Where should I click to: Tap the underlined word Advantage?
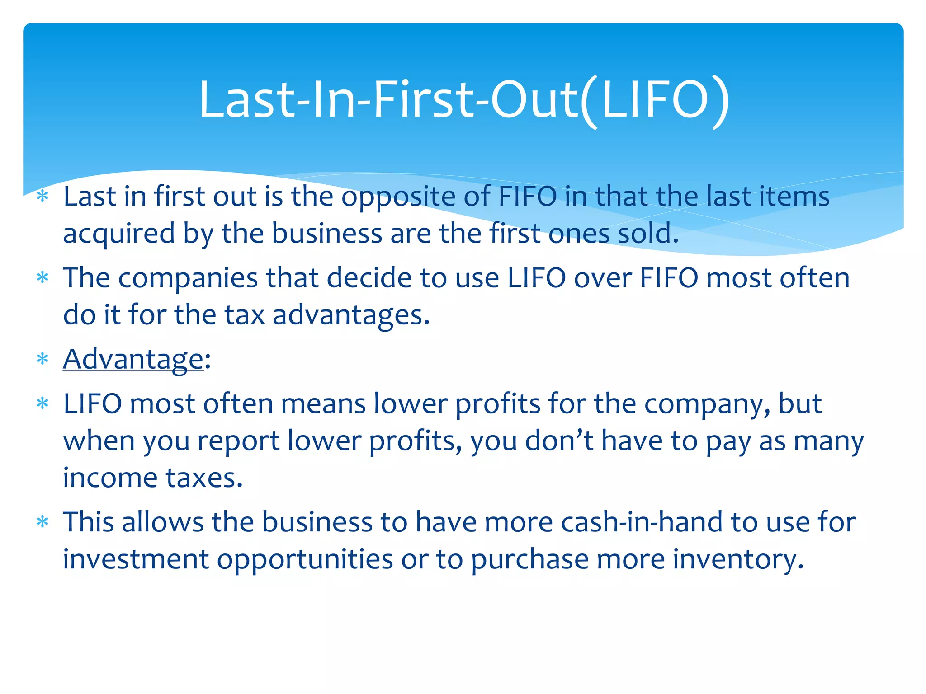click(x=133, y=360)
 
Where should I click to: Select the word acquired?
click(x=118, y=234)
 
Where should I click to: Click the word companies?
click(x=188, y=278)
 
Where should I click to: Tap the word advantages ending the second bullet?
click(x=351, y=315)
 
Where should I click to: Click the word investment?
click(x=136, y=559)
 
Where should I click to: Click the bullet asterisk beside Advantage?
click(x=43, y=360)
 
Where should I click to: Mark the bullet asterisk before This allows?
click(x=43, y=523)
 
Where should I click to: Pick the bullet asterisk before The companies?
click(x=43, y=277)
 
